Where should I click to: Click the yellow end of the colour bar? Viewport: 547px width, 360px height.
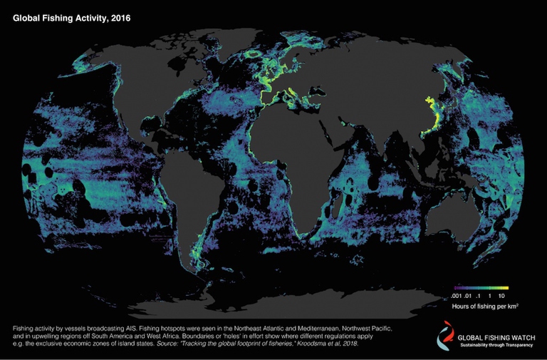(505, 287)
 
